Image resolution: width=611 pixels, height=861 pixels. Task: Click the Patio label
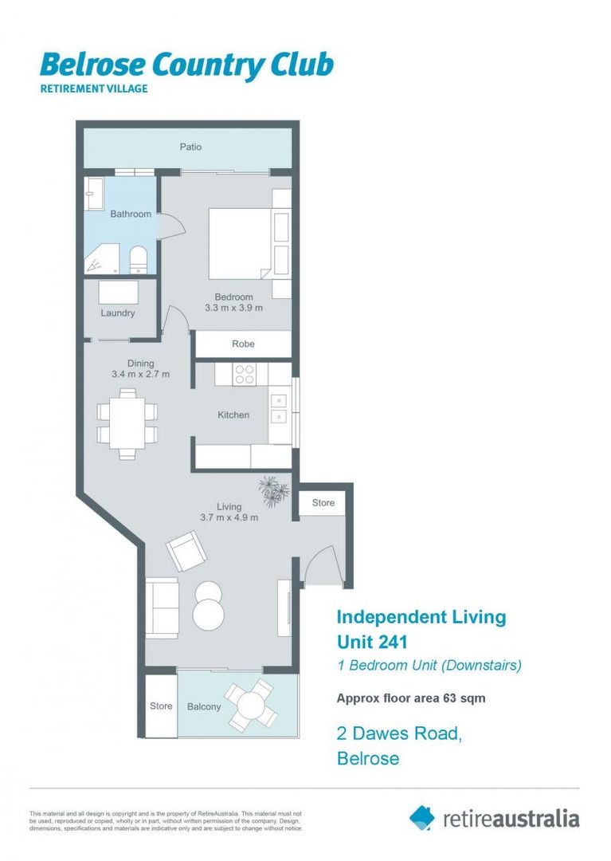click(x=190, y=147)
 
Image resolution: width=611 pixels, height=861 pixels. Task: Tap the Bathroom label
click(x=131, y=214)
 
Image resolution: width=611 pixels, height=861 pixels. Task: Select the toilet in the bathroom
click(x=138, y=259)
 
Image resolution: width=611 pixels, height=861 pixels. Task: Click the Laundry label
click(x=118, y=313)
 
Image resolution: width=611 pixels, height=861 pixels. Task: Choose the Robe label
click(x=243, y=344)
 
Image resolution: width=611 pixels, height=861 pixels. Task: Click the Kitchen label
click(x=233, y=415)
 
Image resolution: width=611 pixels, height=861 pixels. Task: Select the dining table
click(x=127, y=423)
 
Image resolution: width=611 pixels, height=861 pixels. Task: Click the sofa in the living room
click(x=162, y=606)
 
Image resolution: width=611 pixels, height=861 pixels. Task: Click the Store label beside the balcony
click(x=161, y=706)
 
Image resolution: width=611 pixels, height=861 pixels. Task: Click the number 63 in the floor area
click(x=445, y=698)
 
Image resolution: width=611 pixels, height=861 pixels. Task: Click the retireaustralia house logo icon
click(x=422, y=817)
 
